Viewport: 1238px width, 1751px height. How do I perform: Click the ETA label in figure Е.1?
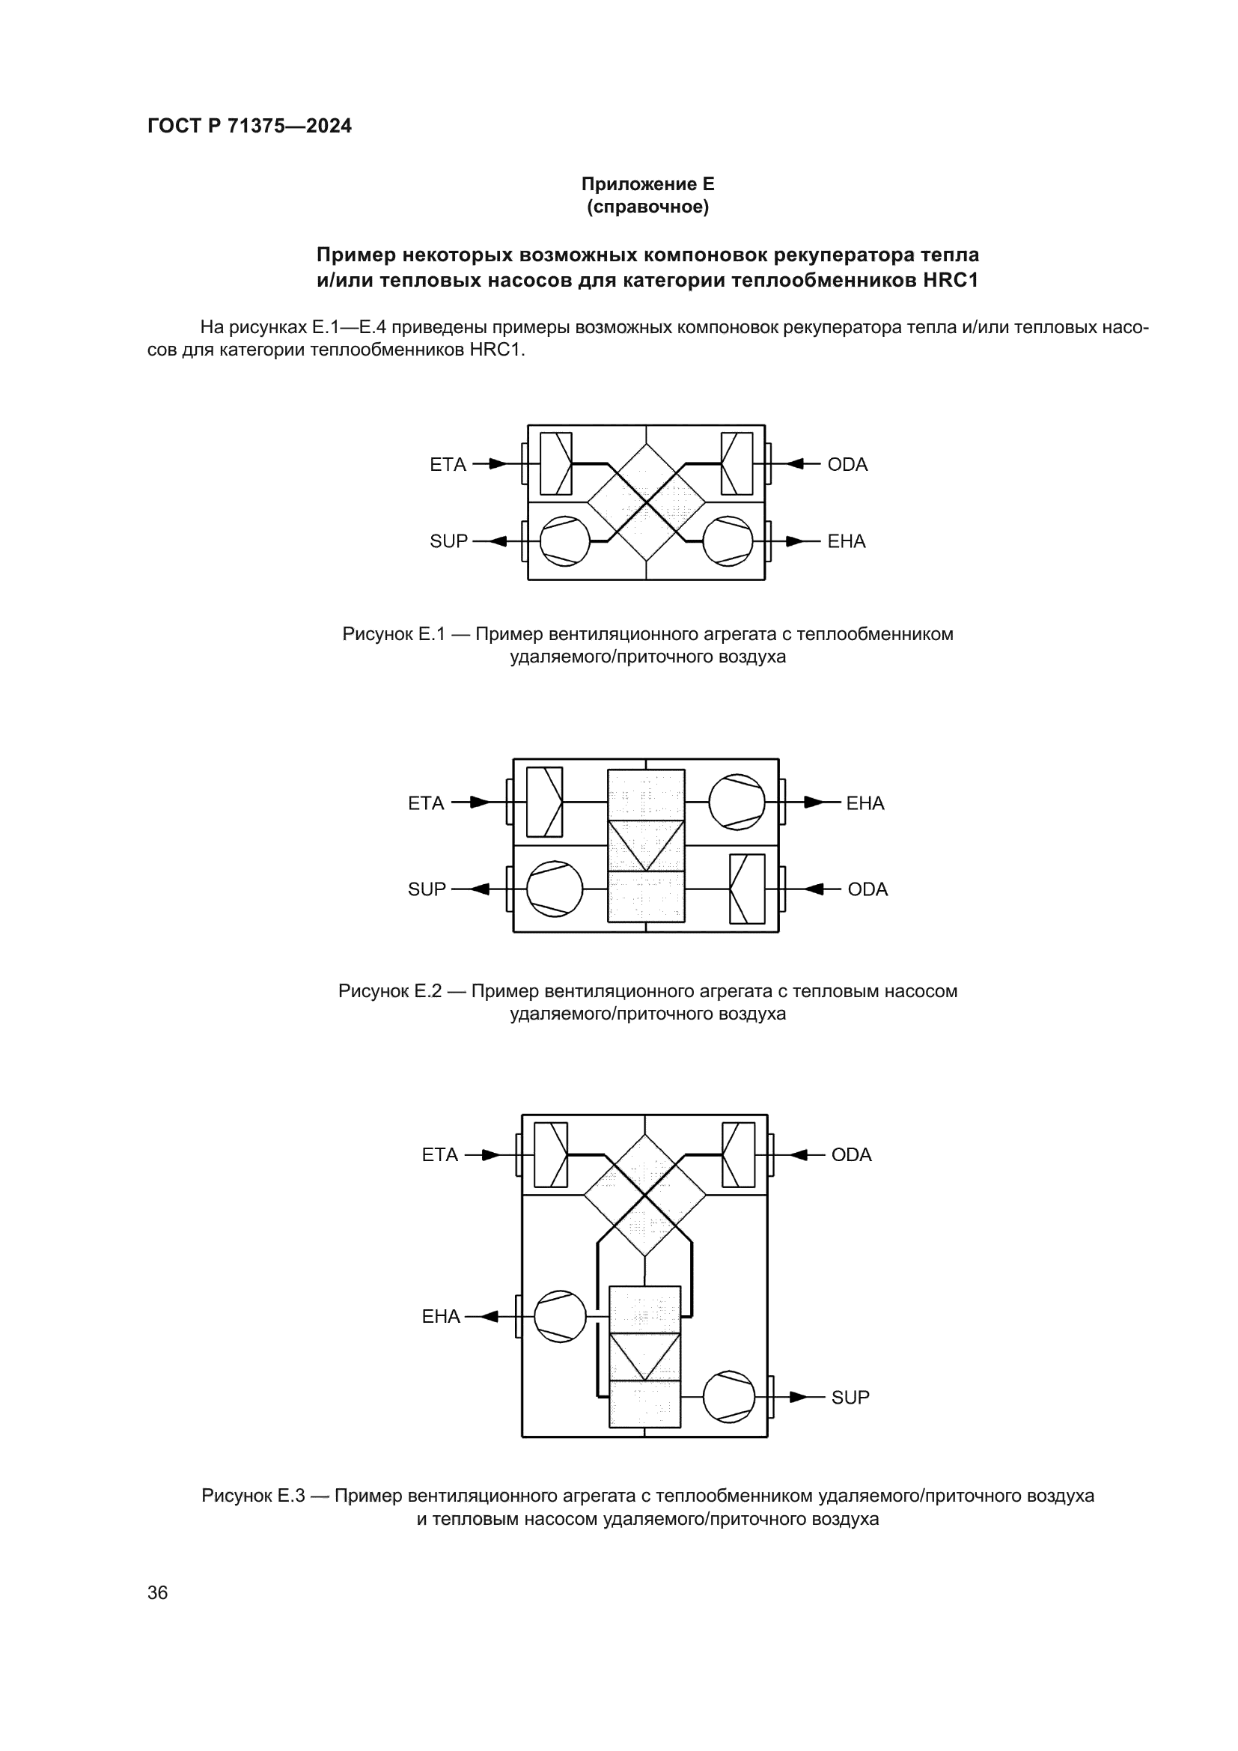(x=448, y=464)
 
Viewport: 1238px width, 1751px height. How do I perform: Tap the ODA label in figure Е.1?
(x=848, y=464)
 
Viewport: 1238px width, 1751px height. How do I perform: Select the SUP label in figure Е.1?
(x=448, y=541)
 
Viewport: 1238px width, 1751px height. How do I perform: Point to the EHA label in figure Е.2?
(x=865, y=803)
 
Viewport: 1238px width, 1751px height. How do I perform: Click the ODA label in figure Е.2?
(x=867, y=889)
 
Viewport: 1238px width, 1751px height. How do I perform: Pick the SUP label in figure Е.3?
(x=850, y=1397)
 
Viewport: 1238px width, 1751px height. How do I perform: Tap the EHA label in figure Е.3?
(x=442, y=1316)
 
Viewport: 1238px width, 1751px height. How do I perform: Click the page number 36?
(x=158, y=1592)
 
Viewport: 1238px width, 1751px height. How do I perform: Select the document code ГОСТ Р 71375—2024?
(x=249, y=127)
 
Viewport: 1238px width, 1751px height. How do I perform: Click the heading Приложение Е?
(x=647, y=184)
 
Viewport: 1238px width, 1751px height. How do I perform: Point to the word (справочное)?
(x=647, y=207)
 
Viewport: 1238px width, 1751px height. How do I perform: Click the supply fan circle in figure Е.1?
(x=565, y=541)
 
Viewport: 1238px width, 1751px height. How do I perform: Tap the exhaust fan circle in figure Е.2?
(x=737, y=803)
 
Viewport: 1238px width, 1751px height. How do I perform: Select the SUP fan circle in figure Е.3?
(x=729, y=1397)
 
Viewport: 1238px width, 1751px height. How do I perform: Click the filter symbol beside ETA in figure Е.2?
(x=544, y=803)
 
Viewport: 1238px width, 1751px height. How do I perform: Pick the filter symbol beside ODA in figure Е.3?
(x=738, y=1154)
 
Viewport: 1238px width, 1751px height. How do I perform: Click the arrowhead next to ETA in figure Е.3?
(x=491, y=1155)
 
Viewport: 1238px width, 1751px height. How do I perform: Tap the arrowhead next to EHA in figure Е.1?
(x=794, y=541)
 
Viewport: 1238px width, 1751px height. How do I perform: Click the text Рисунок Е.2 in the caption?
(x=389, y=991)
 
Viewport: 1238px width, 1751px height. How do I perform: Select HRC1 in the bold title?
(x=950, y=281)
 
